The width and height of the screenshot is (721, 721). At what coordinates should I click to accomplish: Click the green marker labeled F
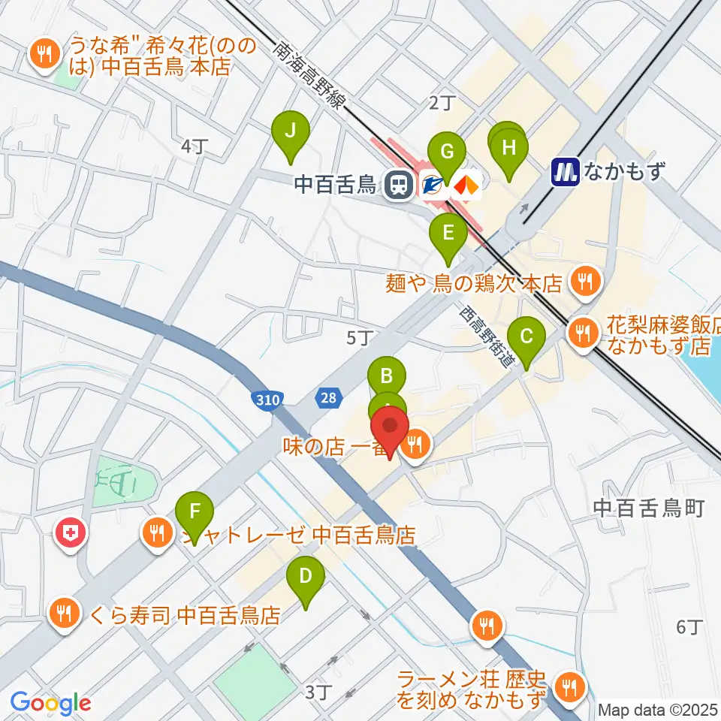tap(195, 514)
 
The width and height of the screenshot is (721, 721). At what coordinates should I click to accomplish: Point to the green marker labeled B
tap(387, 376)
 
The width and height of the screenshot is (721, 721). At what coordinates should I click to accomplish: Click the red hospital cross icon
tap(73, 535)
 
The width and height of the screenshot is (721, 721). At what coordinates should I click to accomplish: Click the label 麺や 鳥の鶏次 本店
tap(473, 283)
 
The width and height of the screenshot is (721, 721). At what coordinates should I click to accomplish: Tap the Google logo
tap(50, 703)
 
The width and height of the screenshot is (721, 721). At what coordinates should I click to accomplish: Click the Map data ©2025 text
tap(658, 709)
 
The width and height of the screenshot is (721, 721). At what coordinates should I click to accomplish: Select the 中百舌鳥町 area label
tap(648, 508)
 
